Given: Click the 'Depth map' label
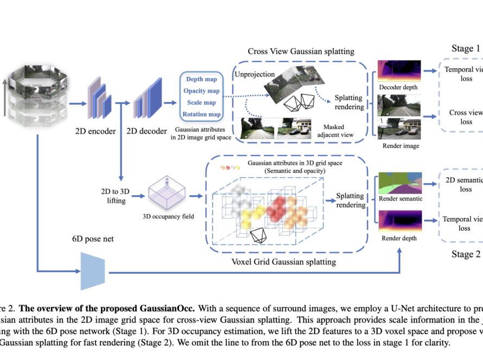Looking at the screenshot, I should click(201, 80).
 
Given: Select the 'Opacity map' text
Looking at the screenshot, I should click(201, 91).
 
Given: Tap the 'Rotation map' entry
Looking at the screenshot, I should click(201, 114).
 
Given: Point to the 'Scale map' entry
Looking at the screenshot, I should click(201, 102).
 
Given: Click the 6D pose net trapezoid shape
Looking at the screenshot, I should click(92, 271).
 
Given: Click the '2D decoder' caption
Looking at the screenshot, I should click(147, 130).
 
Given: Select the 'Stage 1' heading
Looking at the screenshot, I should click(466, 49).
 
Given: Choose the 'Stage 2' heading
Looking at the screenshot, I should click(466, 254).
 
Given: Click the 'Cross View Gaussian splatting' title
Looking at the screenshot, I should click(301, 52).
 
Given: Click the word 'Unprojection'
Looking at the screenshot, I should click(255, 74).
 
